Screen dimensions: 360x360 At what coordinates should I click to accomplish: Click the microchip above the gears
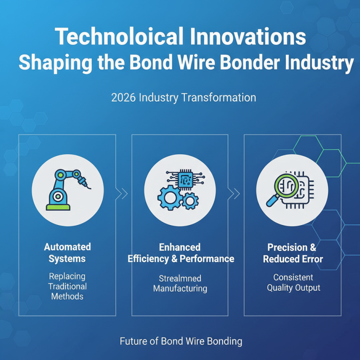click(x=185, y=179)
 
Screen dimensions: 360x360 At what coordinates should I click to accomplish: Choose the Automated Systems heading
click(x=67, y=252)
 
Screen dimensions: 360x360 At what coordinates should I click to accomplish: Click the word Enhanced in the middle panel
click(x=180, y=247)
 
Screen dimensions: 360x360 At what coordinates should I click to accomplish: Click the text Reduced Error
click(x=293, y=259)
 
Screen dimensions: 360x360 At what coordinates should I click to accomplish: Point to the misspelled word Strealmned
click(x=180, y=278)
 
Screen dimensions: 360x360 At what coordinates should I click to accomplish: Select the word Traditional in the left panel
click(x=67, y=286)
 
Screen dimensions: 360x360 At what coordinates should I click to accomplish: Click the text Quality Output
click(x=293, y=288)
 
